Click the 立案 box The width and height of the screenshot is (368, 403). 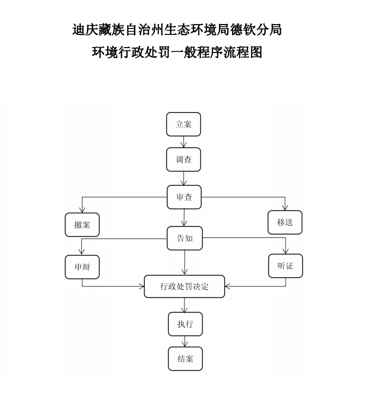coord(183,124)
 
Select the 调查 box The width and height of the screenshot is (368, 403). coord(183,160)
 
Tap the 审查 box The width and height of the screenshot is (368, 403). coord(184,197)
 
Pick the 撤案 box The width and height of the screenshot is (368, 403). coord(82,225)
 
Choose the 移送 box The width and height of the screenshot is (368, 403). coord(285,223)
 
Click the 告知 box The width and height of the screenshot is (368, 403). coord(185,238)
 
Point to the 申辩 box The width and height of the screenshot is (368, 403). coord(82,267)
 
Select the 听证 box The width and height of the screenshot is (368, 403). coord(286,266)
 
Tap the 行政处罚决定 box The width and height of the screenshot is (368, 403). coord(185,287)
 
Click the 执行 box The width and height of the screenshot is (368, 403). coord(185,324)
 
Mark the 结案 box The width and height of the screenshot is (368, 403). coord(185,359)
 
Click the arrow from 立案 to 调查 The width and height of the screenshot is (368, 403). coord(184,142)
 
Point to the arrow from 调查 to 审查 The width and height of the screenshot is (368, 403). coord(184,178)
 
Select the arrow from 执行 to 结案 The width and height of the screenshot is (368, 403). coord(185,341)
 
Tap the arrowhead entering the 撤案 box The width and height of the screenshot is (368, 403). coord(82,209)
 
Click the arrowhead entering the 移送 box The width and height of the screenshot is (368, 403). coord(285,207)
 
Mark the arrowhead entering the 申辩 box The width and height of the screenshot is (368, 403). coord(82,252)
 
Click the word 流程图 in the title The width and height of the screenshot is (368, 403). coord(244,52)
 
